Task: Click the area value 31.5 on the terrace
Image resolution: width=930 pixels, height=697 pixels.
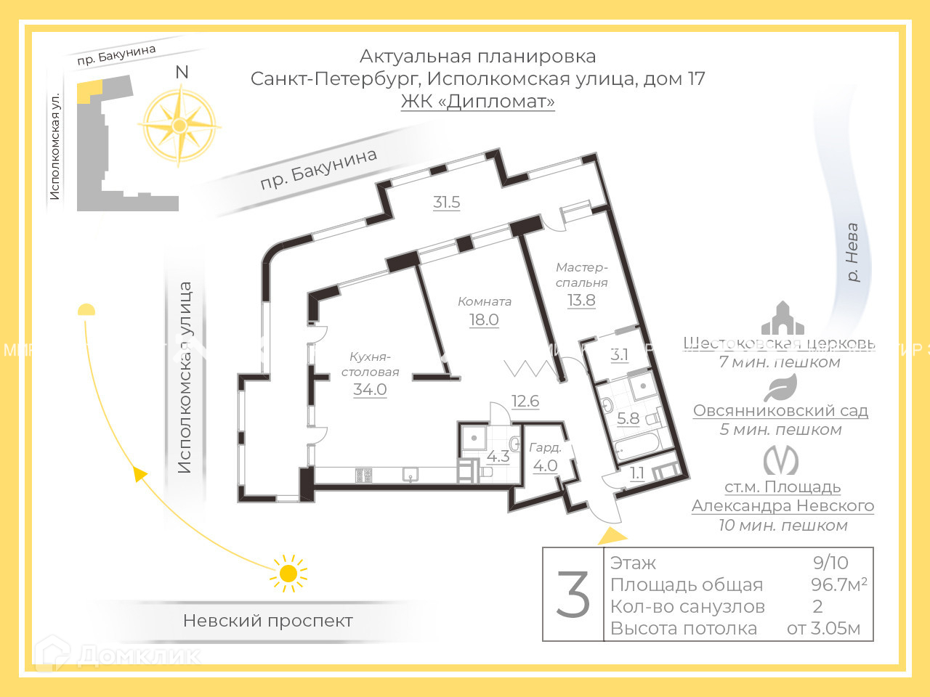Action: click(446, 202)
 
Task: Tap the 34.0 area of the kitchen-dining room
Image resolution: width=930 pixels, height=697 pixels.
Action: click(370, 389)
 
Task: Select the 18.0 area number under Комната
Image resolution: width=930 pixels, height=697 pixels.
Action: click(484, 319)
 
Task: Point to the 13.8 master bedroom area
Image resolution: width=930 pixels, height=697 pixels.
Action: click(581, 300)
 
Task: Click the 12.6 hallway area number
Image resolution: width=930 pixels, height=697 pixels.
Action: click(525, 401)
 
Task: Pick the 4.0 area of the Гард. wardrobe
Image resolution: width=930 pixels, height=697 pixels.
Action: click(546, 466)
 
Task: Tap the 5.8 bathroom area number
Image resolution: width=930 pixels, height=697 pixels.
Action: click(628, 418)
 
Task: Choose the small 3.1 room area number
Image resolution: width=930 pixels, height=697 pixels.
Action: click(619, 355)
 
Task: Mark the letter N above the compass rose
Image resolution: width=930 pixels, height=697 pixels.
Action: click(182, 72)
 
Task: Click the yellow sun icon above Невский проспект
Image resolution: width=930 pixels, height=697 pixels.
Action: click(288, 574)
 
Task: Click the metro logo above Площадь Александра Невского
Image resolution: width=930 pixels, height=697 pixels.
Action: click(781, 460)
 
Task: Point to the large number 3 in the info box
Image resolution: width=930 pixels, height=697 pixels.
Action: click(573, 595)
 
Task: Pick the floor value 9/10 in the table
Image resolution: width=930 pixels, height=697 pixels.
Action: click(830, 563)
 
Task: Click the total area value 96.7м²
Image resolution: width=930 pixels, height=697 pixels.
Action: click(838, 584)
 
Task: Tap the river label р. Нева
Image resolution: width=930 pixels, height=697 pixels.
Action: click(852, 252)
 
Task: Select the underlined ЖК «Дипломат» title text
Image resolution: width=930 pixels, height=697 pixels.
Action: click(477, 101)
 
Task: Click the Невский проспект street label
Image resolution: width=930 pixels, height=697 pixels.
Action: click(267, 621)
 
